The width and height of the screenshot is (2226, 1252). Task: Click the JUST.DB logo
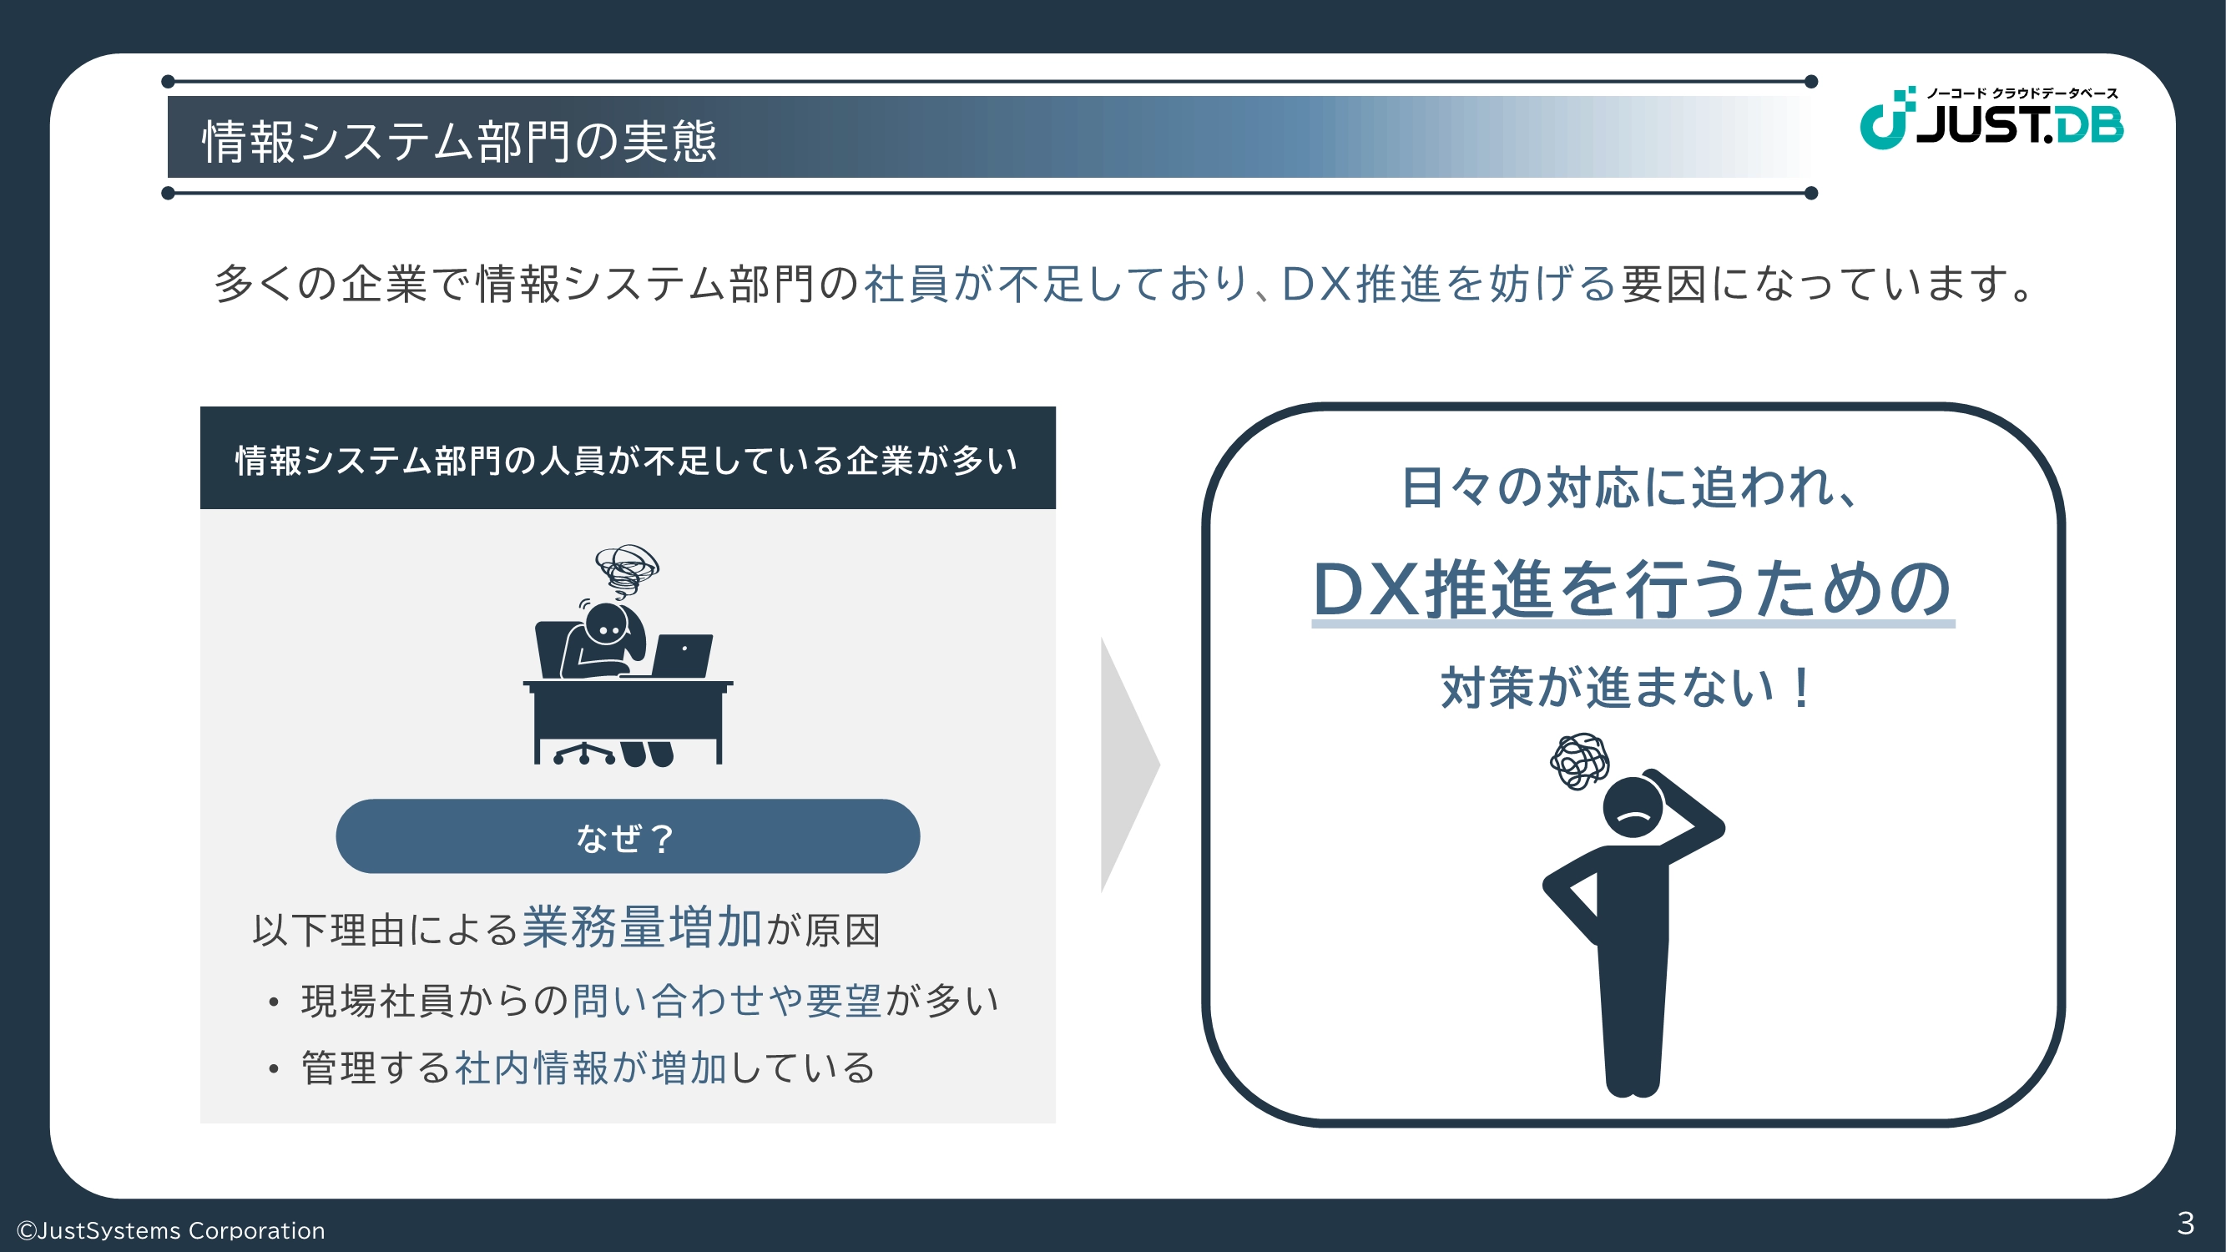tap(1991, 119)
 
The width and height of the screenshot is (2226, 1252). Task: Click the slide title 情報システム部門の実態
tap(459, 141)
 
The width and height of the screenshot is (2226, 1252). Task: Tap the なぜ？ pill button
tap(628, 836)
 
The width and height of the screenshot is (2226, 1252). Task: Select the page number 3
tap(2185, 1223)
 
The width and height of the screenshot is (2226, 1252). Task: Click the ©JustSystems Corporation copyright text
tap(171, 1229)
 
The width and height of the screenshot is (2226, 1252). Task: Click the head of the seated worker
tap(607, 624)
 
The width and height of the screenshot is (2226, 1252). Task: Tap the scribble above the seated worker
tap(628, 569)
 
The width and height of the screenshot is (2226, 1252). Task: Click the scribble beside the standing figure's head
tap(1579, 761)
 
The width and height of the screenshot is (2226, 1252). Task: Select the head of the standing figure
tap(1633, 807)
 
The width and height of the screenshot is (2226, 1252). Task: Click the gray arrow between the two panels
tap(1129, 765)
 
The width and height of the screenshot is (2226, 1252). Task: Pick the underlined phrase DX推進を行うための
tap(1633, 589)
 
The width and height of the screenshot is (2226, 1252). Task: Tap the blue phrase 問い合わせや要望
tap(727, 1000)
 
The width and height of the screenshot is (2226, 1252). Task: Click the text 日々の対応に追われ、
tap(1630, 487)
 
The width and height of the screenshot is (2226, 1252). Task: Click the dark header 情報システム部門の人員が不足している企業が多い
tap(628, 459)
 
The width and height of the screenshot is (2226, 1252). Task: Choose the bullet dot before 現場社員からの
tap(273, 1002)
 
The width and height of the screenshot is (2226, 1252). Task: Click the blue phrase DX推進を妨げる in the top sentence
tap(1448, 284)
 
